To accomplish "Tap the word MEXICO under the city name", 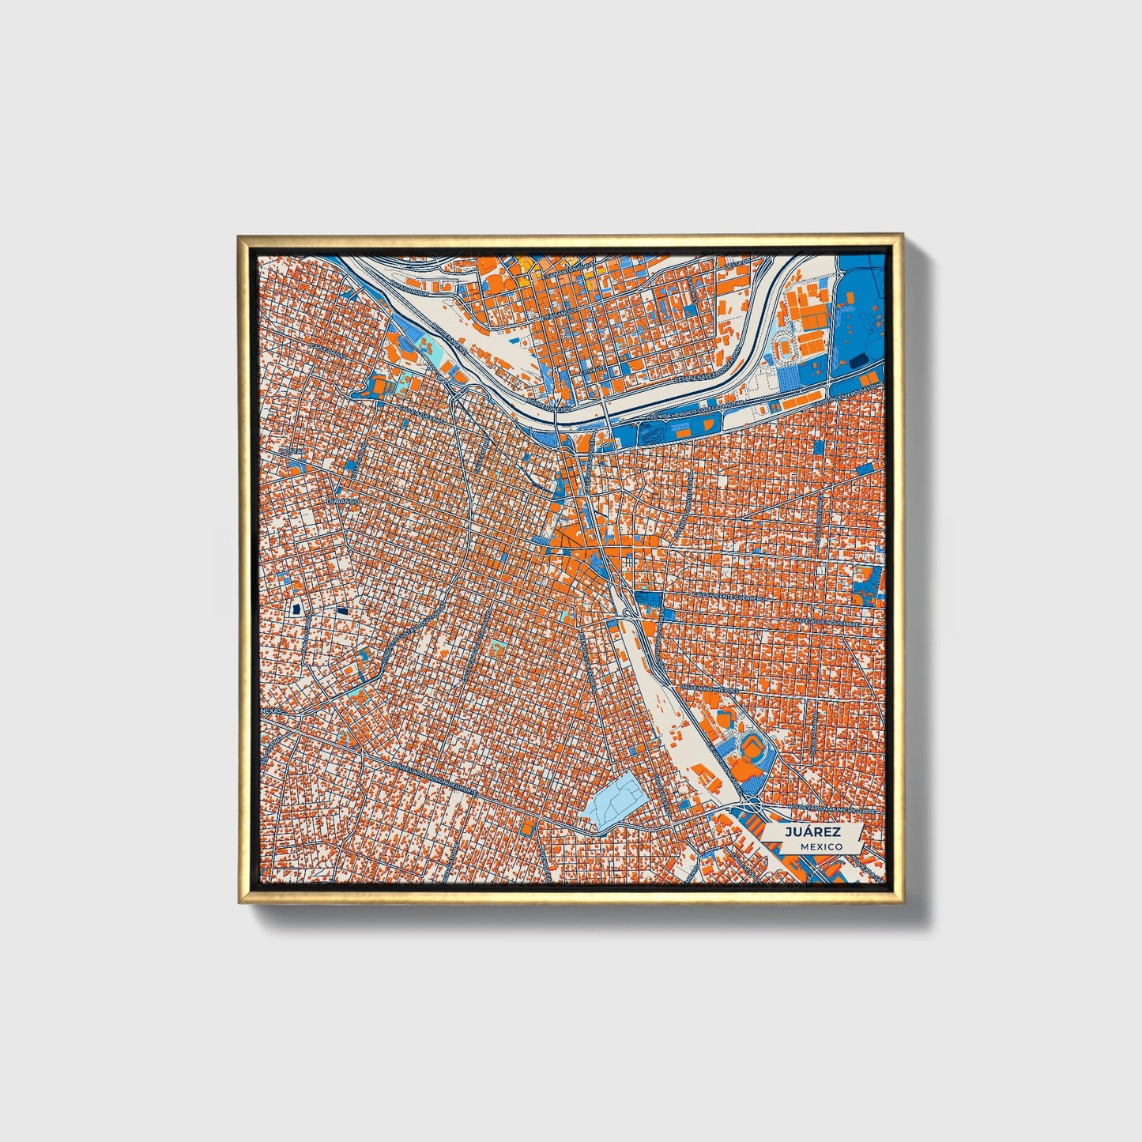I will click(820, 846).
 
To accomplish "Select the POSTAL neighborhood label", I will click(292, 451).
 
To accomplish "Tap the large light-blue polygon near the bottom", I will click(613, 800).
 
